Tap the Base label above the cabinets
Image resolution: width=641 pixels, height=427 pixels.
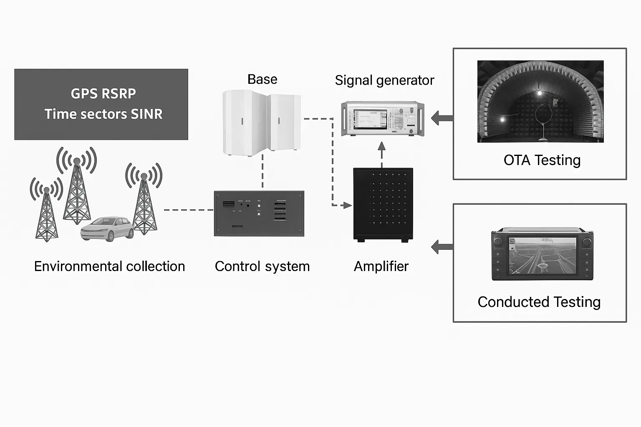262,79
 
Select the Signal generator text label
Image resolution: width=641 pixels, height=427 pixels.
384,80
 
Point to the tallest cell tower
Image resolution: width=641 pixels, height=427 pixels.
77,192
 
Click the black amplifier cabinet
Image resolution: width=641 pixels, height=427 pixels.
383,204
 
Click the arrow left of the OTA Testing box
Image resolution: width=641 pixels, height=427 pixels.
442,118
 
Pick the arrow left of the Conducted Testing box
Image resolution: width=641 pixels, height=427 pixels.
442,247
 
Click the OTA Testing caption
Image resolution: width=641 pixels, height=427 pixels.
542,160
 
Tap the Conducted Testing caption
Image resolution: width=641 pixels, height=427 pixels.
539,302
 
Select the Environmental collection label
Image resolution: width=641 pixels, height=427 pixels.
109,266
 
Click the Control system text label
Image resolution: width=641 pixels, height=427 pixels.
262,266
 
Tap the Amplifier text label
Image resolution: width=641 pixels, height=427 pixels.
381,266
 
